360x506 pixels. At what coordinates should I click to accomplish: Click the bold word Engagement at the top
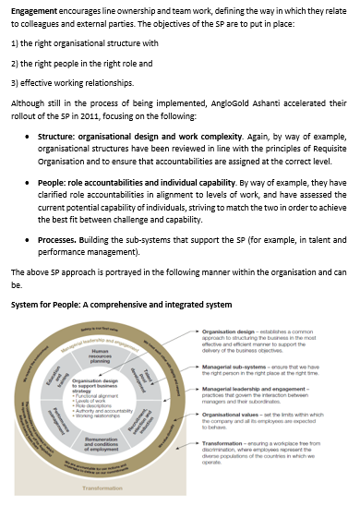tap(33, 13)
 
